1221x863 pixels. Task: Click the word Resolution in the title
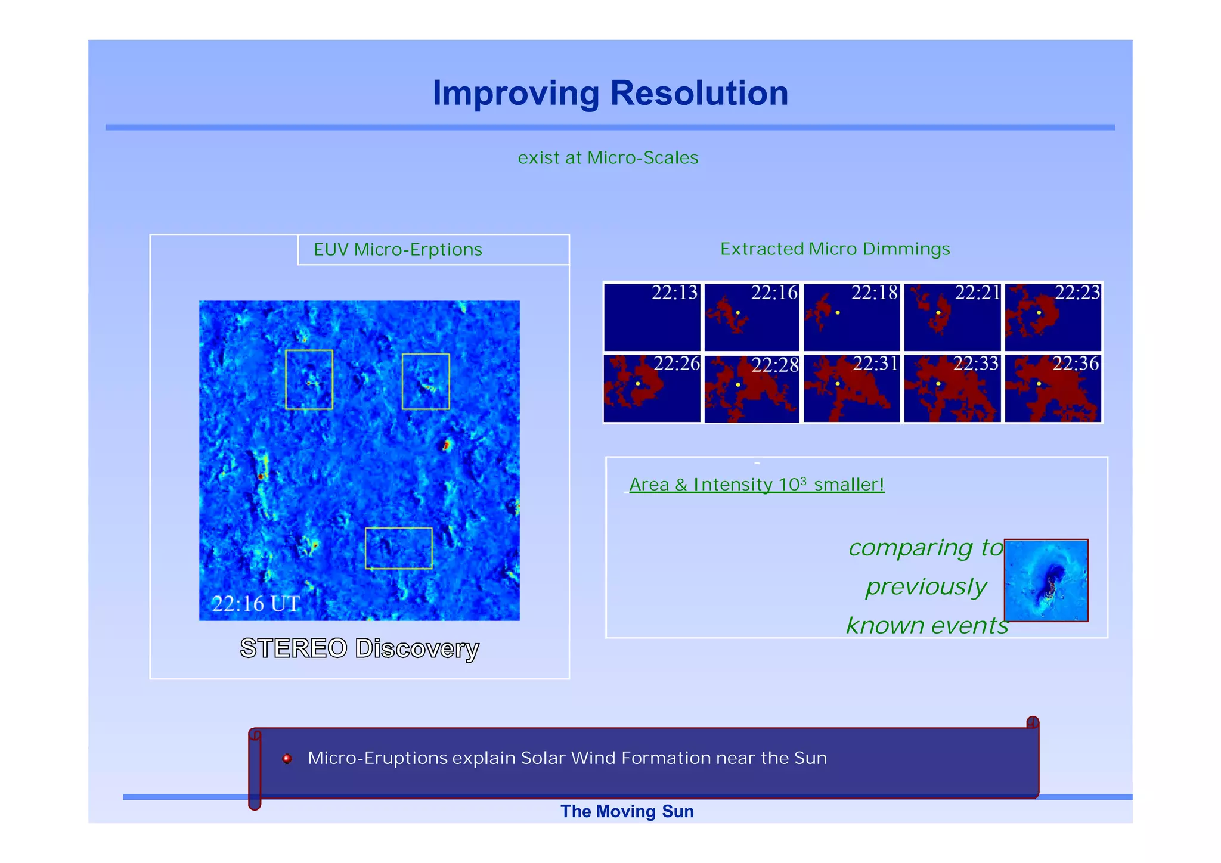pos(699,94)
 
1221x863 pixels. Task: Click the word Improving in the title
pos(516,94)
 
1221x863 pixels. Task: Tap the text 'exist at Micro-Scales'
pos(608,158)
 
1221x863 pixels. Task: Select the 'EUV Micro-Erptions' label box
pos(433,250)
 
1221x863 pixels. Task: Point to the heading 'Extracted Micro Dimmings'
pos(835,249)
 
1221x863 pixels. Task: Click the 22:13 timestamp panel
pos(652,318)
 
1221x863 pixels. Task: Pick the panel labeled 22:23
pos(1053,318)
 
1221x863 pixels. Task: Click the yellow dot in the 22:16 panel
pos(738,313)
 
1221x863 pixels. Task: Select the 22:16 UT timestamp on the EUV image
pos(256,604)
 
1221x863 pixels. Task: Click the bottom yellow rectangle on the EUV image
pos(398,548)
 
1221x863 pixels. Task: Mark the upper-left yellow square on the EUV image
pos(309,380)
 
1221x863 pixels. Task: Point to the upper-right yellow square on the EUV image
pos(426,381)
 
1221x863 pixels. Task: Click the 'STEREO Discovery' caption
pos(360,648)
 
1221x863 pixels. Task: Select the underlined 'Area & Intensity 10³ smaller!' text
pos(757,485)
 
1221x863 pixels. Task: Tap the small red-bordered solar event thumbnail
pos(1046,580)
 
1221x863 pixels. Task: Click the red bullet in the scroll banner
pos(287,759)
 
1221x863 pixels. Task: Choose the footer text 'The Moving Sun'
pos(627,812)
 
